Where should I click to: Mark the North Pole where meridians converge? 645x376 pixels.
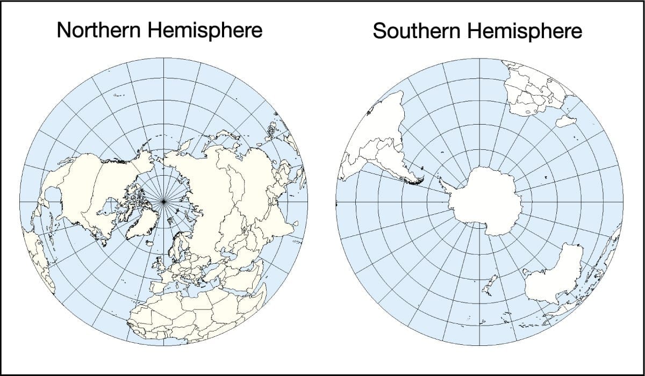[163, 201]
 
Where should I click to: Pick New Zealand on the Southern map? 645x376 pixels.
[490, 285]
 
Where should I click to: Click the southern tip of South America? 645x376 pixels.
[417, 183]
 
